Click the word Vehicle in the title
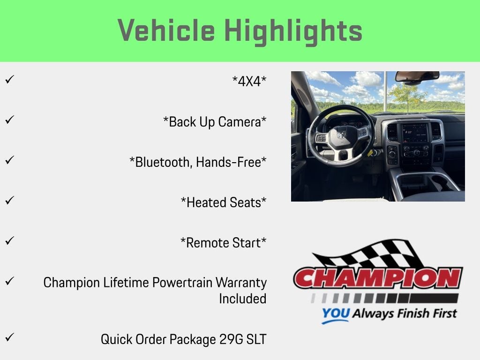point(166,30)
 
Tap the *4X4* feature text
point(249,82)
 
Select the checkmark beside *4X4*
point(10,80)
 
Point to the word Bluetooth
point(163,162)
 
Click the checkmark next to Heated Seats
point(10,201)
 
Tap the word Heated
point(207,202)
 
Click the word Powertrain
point(182,283)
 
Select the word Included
point(243,299)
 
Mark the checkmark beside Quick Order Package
point(10,337)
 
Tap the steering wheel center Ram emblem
point(341,134)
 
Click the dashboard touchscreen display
point(415,133)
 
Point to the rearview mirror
point(417,76)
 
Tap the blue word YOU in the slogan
point(336,314)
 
